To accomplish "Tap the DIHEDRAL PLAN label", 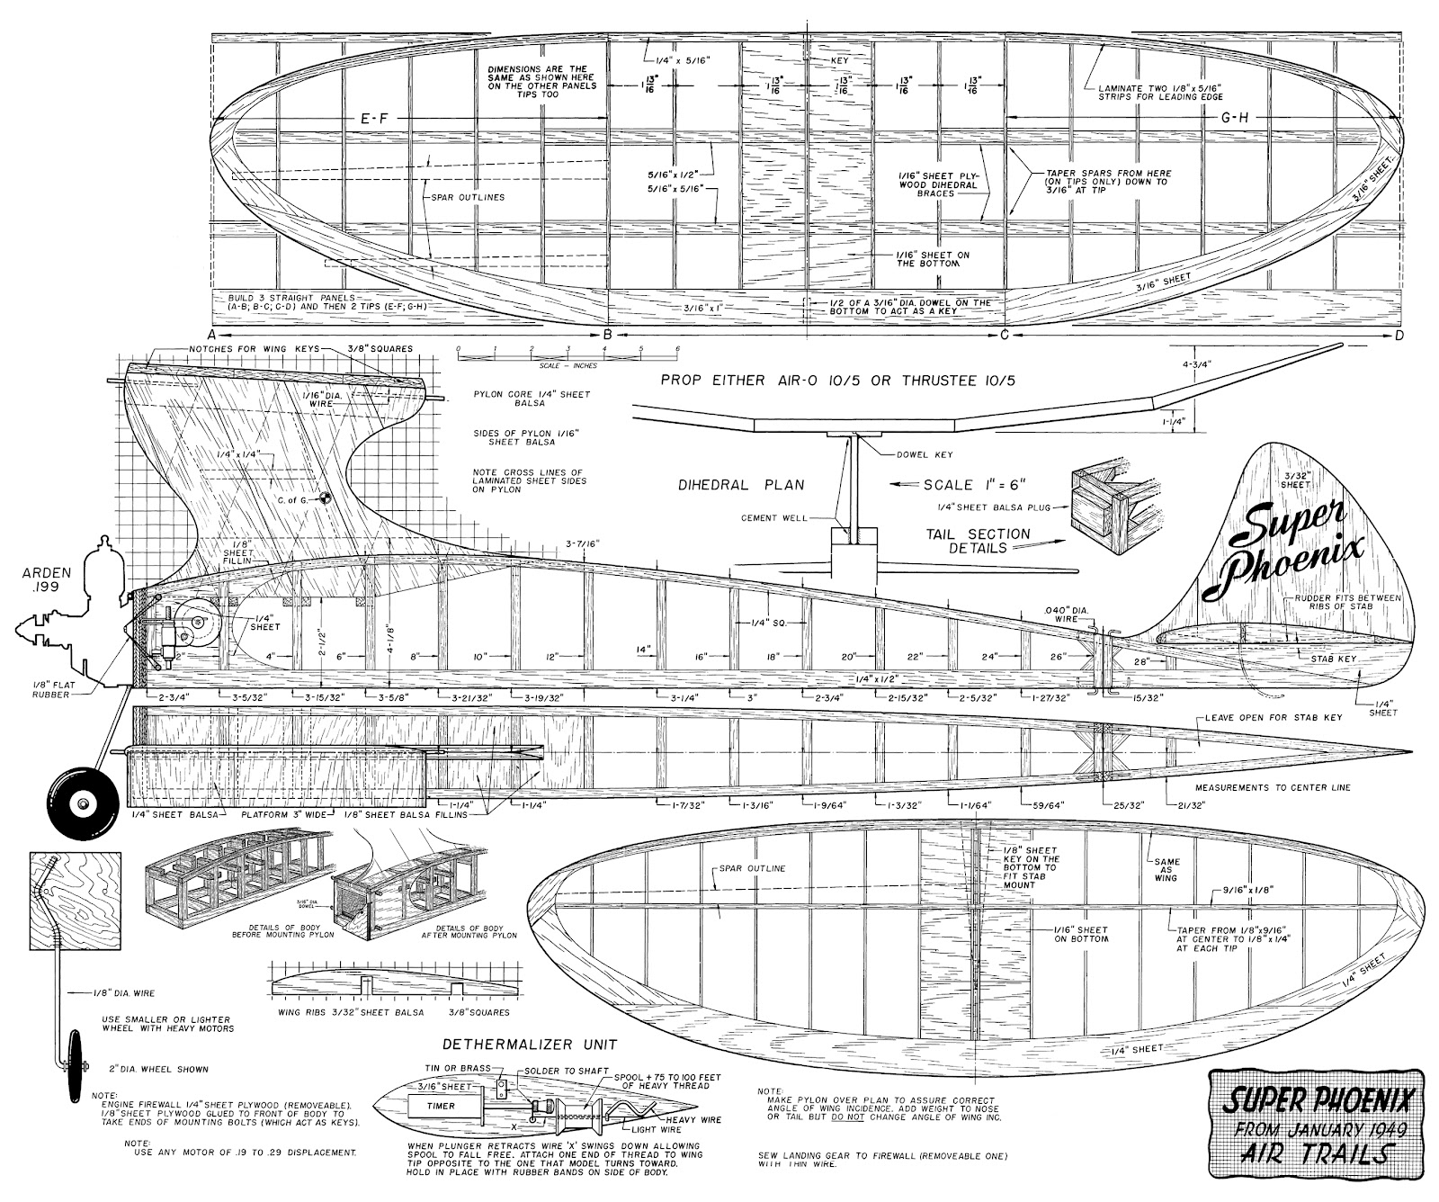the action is pyautogui.click(x=742, y=484).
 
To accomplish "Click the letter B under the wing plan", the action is pyautogui.click(x=607, y=336).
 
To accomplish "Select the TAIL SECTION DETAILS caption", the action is pyautogui.click(x=978, y=540).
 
